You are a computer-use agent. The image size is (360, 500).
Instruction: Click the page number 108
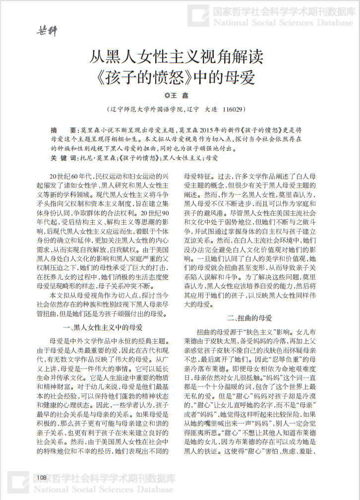(41, 477)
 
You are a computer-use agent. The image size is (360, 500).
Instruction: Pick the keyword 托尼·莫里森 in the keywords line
(96, 158)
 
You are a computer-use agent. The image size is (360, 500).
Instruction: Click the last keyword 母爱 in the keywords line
(211, 158)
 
